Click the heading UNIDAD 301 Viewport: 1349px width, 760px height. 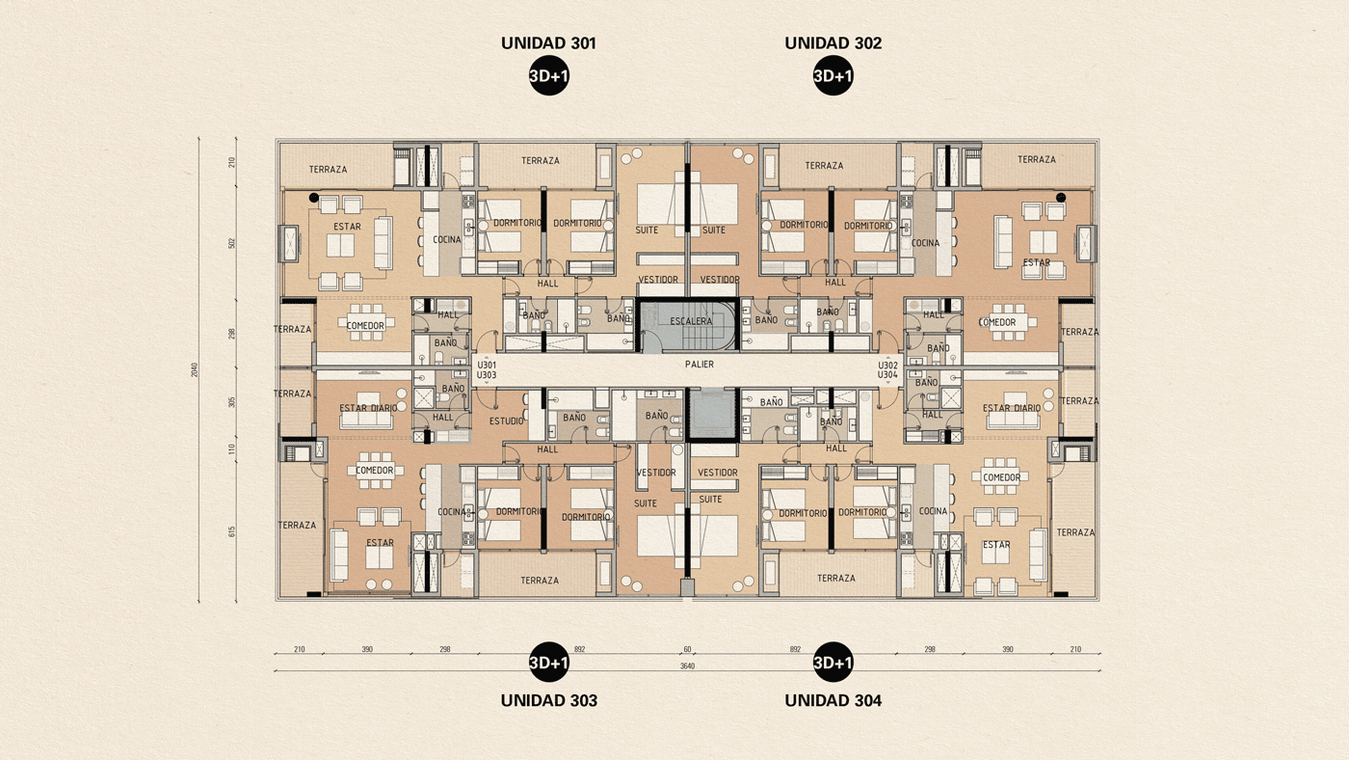pyautogui.click(x=548, y=43)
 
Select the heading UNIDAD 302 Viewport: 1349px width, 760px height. pyautogui.click(x=833, y=43)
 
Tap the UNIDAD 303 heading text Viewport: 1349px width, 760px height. pyautogui.click(x=548, y=700)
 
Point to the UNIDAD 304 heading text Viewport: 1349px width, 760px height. pyautogui.click(x=833, y=700)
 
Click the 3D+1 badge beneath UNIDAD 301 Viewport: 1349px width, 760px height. pyautogui.click(x=548, y=76)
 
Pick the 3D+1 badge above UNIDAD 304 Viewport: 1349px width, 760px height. pyautogui.click(x=833, y=663)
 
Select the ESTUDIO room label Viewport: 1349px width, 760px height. pyautogui.click(x=507, y=421)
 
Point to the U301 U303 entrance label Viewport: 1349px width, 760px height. pyautogui.click(x=487, y=370)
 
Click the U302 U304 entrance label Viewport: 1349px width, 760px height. pyautogui.click(x=887, y=370)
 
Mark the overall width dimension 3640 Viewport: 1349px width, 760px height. pyautogui.click(x=687, y=666)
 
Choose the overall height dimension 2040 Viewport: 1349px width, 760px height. pyautogui.click(x=195, y=368)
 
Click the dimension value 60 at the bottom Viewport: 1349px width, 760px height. pyautogui.click(x=687, y=650)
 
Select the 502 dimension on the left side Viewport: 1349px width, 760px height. pyautogui.click(x=232, y=243)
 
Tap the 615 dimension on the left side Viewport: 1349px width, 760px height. pyautogui.click(x=232, y=530)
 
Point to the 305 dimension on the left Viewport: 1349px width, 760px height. pyautogui.click(x=232, y=402)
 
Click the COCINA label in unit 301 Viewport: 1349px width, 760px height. pyautogui.click(x=446, y=240)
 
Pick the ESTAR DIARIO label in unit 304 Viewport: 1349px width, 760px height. pyautogui.click(x=1011, y=408)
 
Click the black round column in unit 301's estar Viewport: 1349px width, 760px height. pyautogui.click(x=314, y=197)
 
